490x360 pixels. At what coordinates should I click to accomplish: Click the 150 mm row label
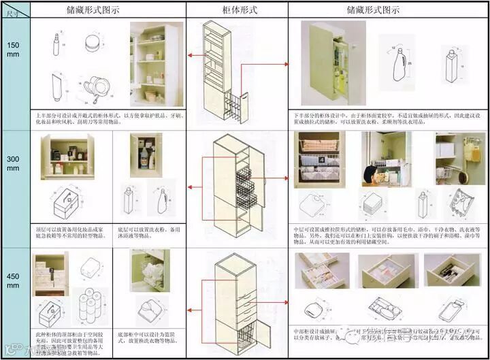14,50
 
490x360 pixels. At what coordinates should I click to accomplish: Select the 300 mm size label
14,163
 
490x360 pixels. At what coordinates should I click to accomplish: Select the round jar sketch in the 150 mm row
92,44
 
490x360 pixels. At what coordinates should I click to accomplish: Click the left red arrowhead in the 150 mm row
191,56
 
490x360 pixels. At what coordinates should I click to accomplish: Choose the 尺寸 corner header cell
14,10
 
